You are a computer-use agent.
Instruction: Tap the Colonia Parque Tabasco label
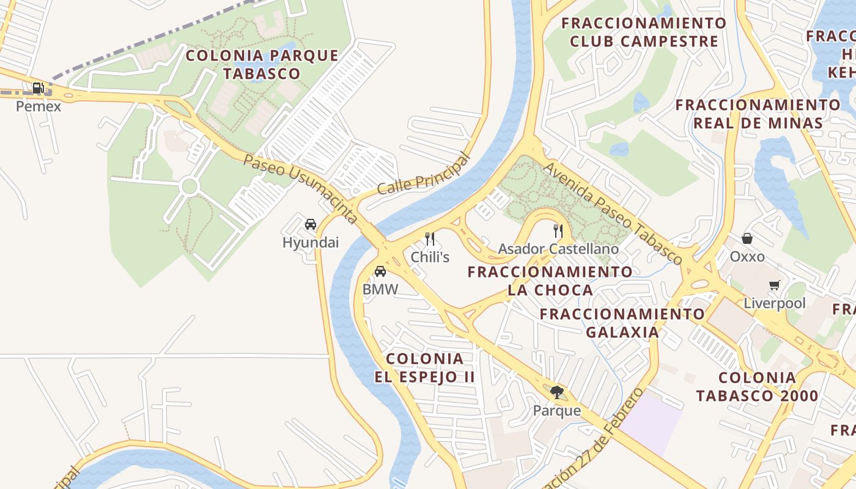pos(262,64)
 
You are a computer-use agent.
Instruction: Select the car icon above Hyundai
pos(311,224)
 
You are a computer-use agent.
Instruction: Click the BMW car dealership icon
pos(380,271)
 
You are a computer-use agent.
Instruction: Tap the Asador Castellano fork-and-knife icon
pos(558,230)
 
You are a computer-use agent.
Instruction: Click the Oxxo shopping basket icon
pos(747,238)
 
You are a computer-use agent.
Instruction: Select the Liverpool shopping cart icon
pos(775,285)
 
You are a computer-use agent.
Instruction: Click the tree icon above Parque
pos(556,392)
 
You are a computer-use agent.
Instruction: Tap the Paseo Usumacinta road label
pos(300,188)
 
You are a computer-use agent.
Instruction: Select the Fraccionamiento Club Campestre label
pos(644,32)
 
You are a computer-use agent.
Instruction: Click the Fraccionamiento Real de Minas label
pos(758,114)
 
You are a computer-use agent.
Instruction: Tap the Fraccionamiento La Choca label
pos(550,281)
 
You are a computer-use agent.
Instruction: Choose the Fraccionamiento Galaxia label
pos(622,323)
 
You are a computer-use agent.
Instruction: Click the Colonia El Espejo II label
pos(424,367)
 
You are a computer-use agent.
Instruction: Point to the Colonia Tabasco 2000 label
pos(757,386)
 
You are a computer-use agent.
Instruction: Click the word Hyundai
pos(311,243)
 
